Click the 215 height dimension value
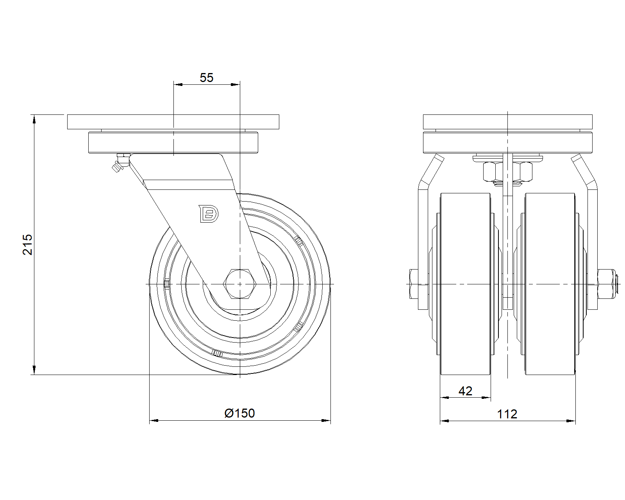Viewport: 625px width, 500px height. (x=27, y=245)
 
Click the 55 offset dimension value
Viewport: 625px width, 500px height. (x=207, y=78)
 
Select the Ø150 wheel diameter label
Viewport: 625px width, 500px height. (x=239, y=413)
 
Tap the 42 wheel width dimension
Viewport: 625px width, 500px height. (x=465, y=391)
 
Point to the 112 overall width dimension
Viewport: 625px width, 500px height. (x=507, y=414)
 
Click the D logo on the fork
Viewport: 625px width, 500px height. (x=209, y=214)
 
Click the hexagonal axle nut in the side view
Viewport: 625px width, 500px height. (x=240, y=284)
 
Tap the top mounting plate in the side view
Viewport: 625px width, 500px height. (x=173, y=122)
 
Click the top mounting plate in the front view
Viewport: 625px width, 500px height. (x=508, y=122)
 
